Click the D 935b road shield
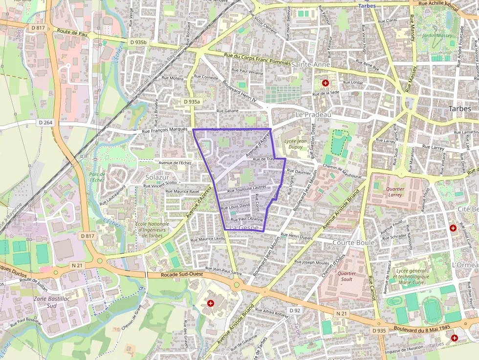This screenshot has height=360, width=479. click(x=138, y=42)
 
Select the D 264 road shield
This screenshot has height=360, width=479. click(x=45, y=122)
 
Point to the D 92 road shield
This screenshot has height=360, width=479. click(x=295, y=311)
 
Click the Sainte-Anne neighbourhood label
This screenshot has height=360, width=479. click(x=311, y=64)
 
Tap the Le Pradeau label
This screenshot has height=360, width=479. click(x=313, y=114)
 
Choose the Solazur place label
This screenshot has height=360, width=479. click(x=157, y=176)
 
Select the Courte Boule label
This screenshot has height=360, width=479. click(x=353, y=243)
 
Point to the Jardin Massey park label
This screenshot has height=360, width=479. click(x=437, y=36)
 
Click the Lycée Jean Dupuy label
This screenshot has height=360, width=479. click(x=292, y=143)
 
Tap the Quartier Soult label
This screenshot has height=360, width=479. click(x=347, y=276)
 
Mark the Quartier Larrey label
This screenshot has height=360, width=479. click(x=395, y=191)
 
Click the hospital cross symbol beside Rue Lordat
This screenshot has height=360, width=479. click(x=325, y=84)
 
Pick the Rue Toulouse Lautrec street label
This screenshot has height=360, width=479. click(x=247, y=187)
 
